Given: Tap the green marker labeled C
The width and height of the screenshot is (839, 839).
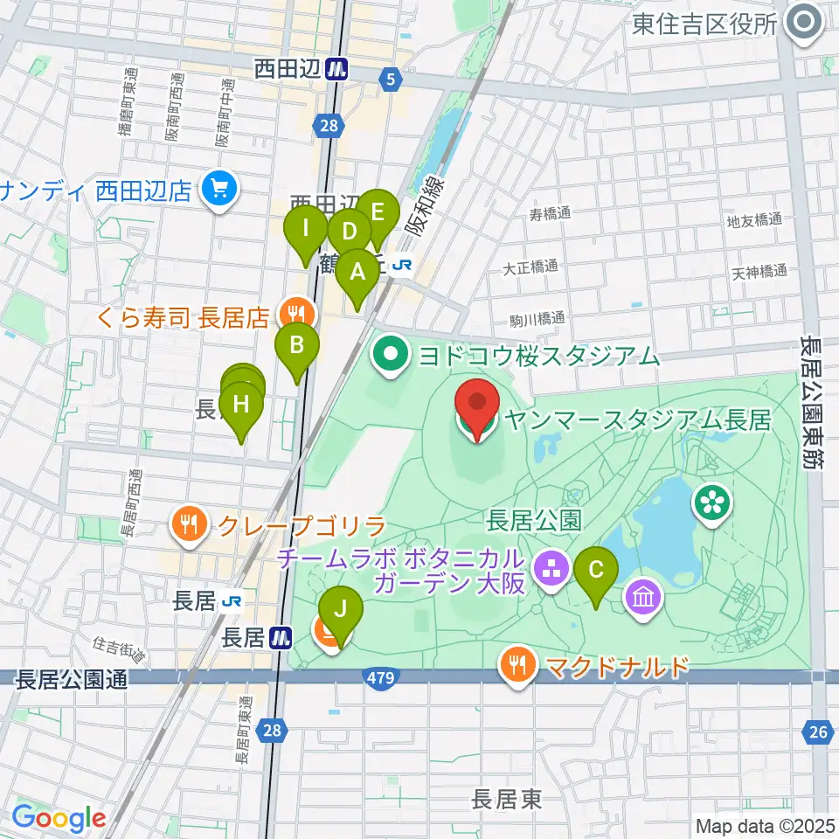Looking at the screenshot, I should click(597, 571).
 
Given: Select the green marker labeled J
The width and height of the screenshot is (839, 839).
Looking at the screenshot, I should click(341, 608).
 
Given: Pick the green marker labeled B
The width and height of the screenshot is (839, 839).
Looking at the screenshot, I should click(297, 345).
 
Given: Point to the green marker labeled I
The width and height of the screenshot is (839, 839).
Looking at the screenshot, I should click(306, 230).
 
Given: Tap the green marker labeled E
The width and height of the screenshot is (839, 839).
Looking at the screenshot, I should click(378, 213).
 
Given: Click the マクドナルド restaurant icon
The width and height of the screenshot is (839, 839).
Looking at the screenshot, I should click(518, 666).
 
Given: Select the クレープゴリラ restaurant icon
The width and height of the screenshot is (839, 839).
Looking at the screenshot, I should click(190, 526).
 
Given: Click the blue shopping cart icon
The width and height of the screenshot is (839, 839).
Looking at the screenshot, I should click(218, 189).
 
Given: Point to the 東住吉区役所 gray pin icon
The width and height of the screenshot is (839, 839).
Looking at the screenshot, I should click(801, 24).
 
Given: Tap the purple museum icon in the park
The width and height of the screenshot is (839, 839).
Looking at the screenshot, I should click(644, 599).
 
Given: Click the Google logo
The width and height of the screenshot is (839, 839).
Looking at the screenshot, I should click(59, 819).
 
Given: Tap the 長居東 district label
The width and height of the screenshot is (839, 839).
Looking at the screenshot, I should click(507, 798).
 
